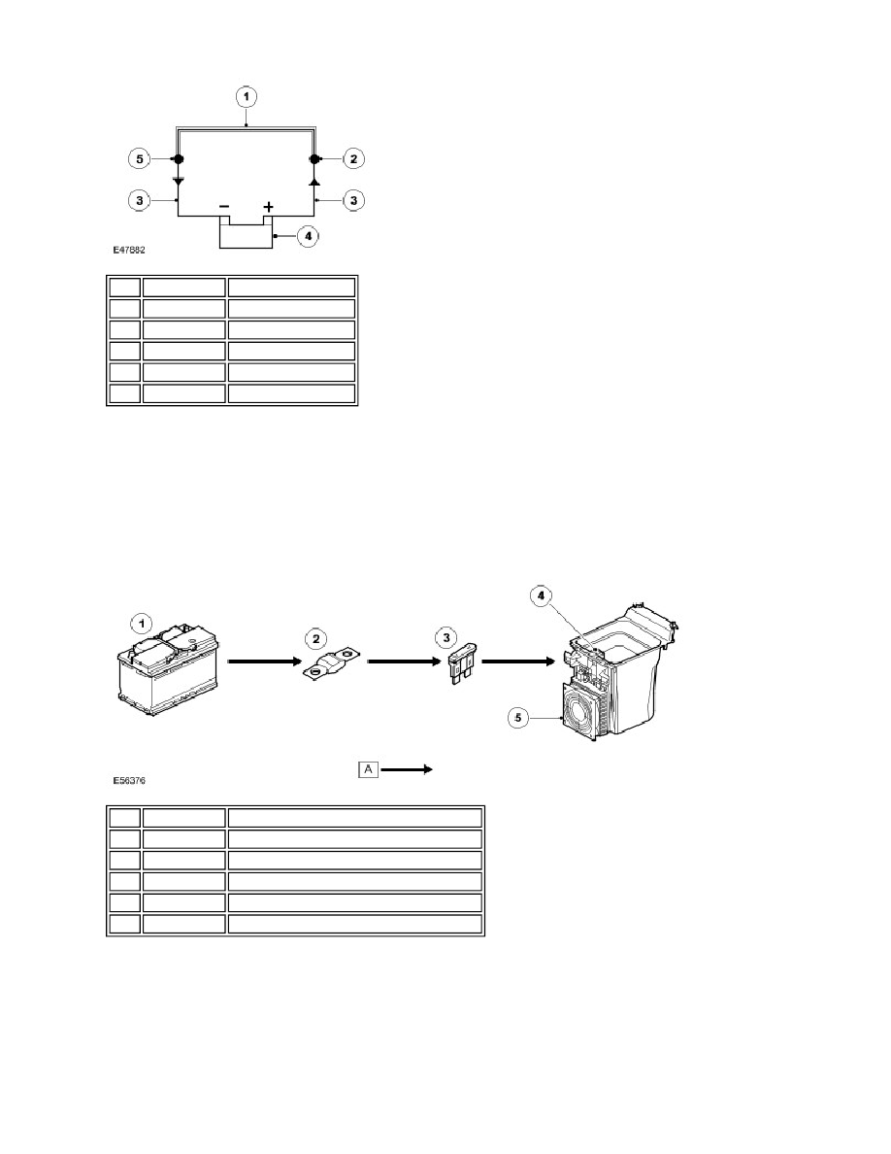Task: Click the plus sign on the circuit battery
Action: [x=268, y=206]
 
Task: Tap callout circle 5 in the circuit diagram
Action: [x=139, y=159]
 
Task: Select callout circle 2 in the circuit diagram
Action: [x=353, y=158]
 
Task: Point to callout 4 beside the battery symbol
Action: [x=308, y=236]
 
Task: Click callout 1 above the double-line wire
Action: [x=247, y=96]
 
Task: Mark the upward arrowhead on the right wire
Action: [x=314, y=181]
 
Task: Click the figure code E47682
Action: [x=129, y=251]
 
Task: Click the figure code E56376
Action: [x=129, y=780]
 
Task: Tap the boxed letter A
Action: [x=368, y=770]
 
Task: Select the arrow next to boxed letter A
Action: [x=407, y=770]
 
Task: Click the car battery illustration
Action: [x=168, y=670]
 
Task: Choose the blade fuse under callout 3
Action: [x=461, y=667]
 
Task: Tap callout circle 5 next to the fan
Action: [x=519, y=717]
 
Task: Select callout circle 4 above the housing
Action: [x=541, y=595]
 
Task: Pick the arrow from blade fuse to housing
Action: [x=518, y=662]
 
